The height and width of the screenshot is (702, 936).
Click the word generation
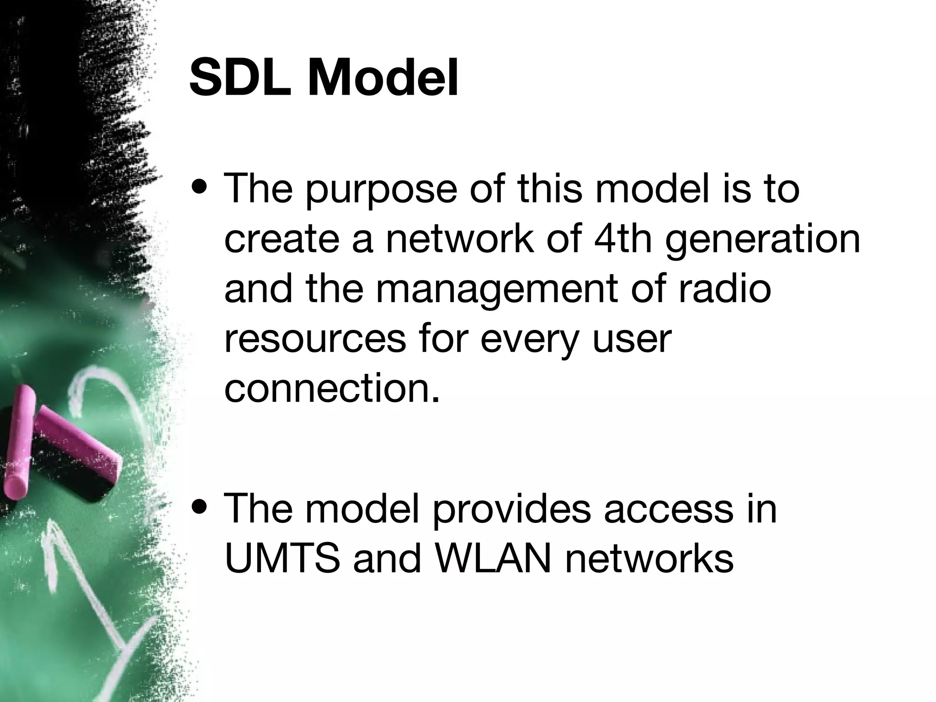(x=762, y=241)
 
